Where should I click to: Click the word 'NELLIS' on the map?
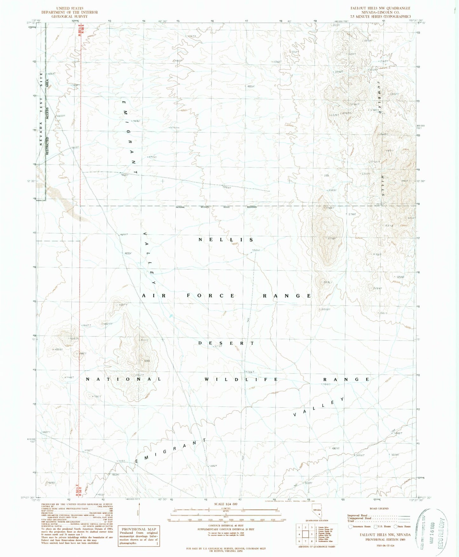pyautogui.click(x=226, y=240)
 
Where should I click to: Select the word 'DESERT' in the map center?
pyautogui.click(x=226, y=343)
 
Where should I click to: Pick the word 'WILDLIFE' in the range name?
pyautogui.click(x=241, y=380)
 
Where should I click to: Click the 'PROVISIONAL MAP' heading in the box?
pyautogui.click(x=138, y=529)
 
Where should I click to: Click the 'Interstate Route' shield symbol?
pyautogui.click(x=350, y=527)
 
